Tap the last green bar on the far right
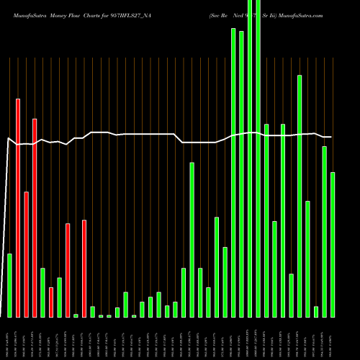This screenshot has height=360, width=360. [x=333, y=245]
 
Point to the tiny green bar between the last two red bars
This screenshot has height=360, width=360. [x=76, y=315]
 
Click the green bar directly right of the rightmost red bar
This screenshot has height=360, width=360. [x=92, y=312]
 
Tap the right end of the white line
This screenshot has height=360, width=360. [x=331, y=137]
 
